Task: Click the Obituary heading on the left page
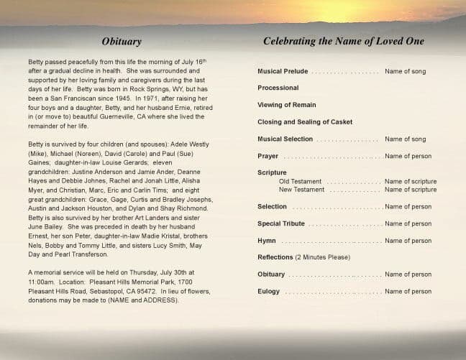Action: point(122,42)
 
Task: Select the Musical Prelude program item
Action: point(283,71)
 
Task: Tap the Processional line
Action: point(278,88)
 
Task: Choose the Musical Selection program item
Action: point(285,139)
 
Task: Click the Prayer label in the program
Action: point(268,156)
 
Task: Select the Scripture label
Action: point(272,173)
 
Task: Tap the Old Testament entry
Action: point(300,182)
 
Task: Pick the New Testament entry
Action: point(301,190)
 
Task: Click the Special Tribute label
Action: point(282,223)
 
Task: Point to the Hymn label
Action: point(266,241)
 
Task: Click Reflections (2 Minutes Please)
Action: point(303,257)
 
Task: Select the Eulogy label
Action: point(269,291)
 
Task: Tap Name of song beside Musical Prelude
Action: point(405,71)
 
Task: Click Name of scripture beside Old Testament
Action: point(410,182)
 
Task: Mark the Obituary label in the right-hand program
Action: point(271,274)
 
